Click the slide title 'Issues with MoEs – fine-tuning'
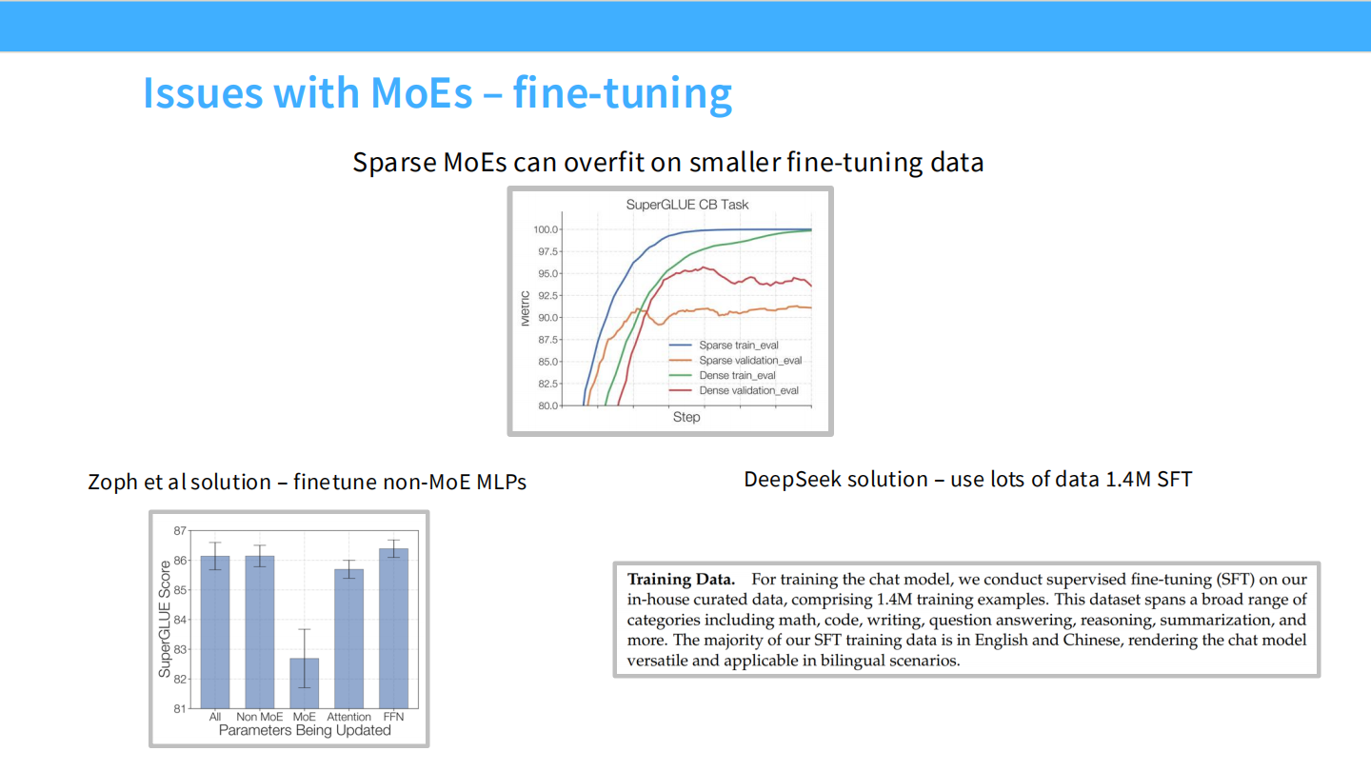(438, 93)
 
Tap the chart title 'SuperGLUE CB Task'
(686, 205)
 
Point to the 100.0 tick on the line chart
(546, 229)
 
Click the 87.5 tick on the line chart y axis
(547, 340)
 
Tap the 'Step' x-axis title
(686, 417)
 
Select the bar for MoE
(305, 683)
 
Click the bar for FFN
(393, 628)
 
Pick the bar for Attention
(348, 639)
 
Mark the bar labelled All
(215, 632)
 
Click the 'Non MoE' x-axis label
(260, 717)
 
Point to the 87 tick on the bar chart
(179, 530)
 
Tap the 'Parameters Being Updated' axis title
(305, 730)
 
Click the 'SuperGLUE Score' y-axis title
(165, 620)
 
